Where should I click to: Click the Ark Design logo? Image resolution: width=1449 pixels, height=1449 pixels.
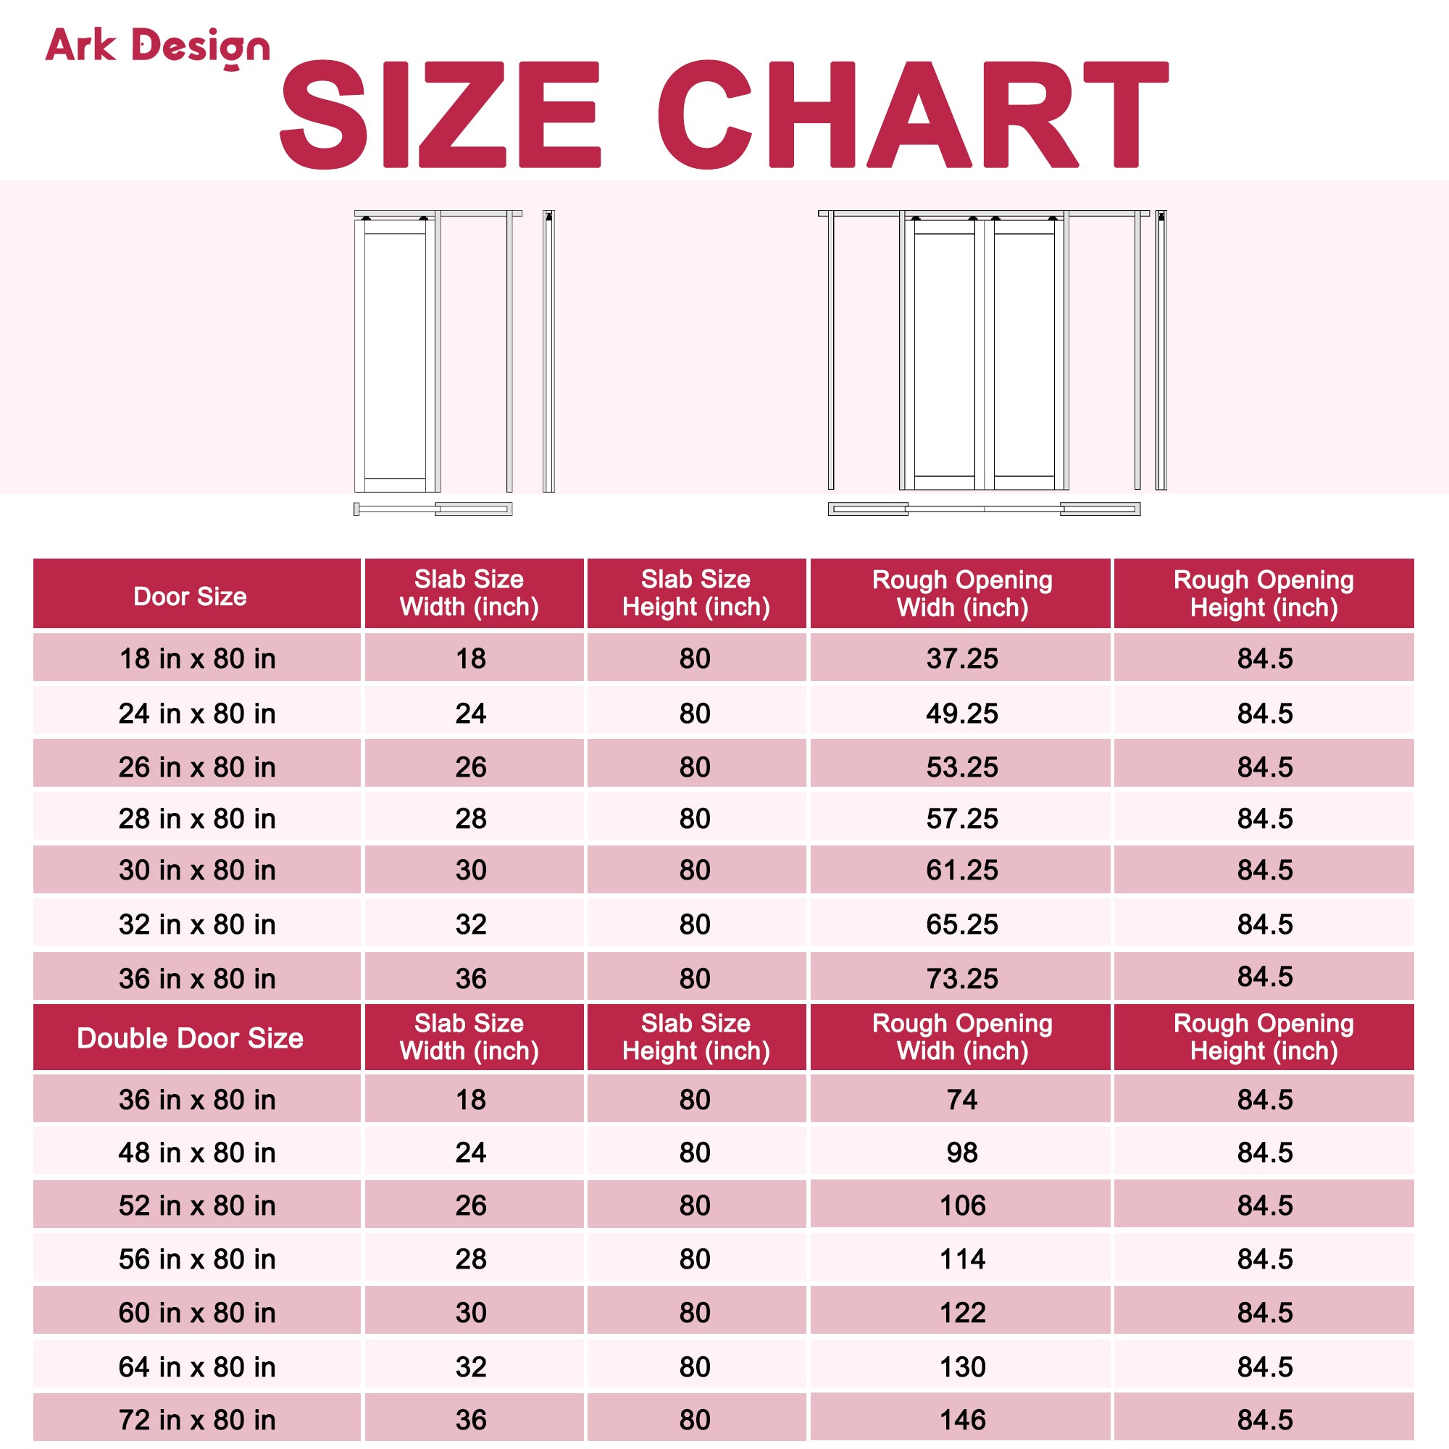156,47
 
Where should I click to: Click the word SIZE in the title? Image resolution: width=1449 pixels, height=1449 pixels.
440,114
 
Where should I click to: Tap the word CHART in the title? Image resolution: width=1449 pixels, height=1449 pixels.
912,114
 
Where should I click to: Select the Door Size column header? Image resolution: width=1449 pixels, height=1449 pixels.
190,596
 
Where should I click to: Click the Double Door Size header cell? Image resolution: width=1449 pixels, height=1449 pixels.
190,1038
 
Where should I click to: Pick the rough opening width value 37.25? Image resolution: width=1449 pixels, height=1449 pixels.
961,659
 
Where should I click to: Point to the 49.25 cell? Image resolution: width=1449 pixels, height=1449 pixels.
961,713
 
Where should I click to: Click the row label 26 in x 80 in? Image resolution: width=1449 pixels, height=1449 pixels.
196,767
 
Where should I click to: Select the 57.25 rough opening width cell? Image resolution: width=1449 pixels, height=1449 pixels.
961,818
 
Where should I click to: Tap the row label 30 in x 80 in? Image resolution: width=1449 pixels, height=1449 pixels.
196,870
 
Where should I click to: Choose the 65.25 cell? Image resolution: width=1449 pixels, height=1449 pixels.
961,924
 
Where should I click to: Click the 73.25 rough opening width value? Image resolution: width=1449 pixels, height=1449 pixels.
961,979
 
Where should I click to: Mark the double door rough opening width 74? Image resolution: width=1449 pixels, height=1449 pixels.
961,1100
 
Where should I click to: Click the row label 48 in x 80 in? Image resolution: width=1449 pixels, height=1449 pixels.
196,1152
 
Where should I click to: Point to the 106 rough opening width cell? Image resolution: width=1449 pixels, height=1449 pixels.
961,1206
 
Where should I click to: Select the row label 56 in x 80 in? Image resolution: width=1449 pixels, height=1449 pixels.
196,1258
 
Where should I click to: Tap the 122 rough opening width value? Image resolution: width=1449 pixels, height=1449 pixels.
961,1313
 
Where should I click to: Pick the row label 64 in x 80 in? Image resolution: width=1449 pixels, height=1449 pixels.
196,1366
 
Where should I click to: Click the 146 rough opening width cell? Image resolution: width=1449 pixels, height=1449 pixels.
961,1420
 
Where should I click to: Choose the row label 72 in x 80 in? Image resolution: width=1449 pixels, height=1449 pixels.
196,1420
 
